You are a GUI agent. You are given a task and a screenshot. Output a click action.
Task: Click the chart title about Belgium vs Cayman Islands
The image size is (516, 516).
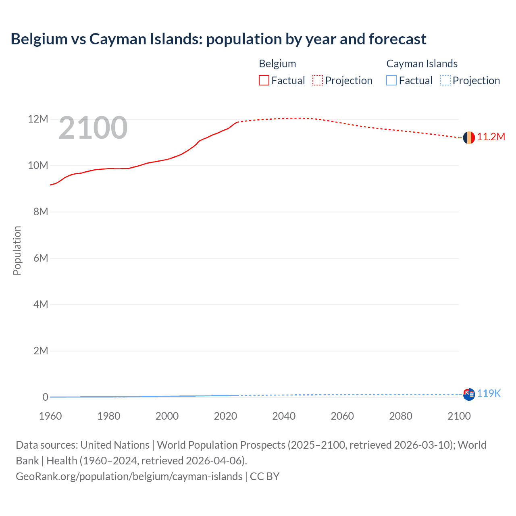[x=218, y=39]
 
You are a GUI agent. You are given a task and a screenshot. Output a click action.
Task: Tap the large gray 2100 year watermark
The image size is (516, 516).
[x=93, y=128]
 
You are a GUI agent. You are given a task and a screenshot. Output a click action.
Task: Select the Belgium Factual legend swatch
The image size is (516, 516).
[x=264, y=81]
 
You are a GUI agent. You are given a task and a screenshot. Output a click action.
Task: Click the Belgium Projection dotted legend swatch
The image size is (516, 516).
[x=318, y=81]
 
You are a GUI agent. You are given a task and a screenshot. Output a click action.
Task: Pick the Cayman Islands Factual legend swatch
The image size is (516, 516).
[x=391, y=81]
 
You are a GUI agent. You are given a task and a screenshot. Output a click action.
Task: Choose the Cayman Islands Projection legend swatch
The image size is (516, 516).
[x=445, y=81]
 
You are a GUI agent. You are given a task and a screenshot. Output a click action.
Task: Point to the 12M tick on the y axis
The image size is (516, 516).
[x=38, y=119]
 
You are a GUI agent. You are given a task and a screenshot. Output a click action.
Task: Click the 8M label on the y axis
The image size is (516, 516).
[x=40, y=212]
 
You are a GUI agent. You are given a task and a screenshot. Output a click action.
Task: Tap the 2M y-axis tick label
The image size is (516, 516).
[x=40, y=351]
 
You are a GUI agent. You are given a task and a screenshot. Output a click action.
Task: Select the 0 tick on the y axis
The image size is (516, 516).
[x=45, y=397]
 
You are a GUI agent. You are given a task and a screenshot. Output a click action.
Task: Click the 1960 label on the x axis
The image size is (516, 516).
[x=50, y=416]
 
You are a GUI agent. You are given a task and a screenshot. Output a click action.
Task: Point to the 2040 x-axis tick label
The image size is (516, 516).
[x=284, y=416]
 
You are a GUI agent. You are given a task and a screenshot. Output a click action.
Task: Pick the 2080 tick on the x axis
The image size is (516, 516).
[x=401, y=416]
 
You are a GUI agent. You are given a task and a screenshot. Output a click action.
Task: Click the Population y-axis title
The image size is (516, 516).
[x=17, y=250]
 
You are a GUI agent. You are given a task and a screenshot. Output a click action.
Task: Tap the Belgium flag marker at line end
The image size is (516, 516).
[x=469, y=137]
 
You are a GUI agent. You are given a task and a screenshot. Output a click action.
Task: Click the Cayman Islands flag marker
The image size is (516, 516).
[x=469, y=394]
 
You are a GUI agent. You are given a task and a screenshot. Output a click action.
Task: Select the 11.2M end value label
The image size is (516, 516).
[x=491, y=137]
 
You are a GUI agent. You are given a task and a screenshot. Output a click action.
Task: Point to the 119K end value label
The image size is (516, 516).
[x=489, y=394]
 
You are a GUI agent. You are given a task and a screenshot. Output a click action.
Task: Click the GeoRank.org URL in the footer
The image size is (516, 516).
[x=129, y=476]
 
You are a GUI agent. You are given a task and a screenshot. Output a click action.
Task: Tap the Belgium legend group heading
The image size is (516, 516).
[x=277, y=64]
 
